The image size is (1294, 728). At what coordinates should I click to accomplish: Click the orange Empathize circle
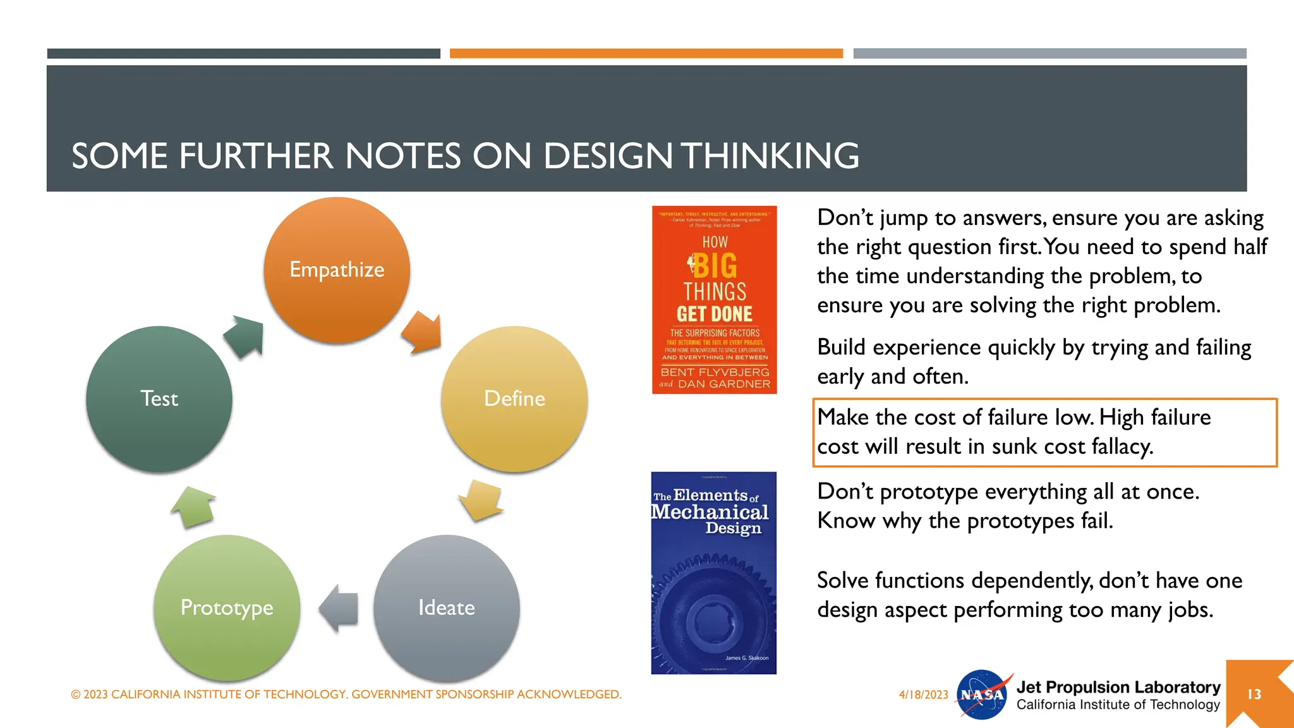point(337,270)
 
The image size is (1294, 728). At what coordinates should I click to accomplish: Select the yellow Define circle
point(514,399)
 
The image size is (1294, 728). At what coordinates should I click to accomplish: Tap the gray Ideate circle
point(446,608)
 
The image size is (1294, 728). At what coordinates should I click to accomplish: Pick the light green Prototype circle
point(227,608)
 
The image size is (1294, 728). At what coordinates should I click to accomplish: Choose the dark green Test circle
point(159,399)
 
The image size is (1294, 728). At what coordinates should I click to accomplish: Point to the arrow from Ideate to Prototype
point(339,608)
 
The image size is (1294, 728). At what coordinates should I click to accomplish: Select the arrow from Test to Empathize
point(245,336)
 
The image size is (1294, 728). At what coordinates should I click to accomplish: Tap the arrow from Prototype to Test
point(193,507)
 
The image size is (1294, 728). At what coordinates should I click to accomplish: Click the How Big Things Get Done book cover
point(714,300)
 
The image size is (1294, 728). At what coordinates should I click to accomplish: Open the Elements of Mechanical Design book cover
point(713,573)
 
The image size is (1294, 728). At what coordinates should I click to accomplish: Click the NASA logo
point(982,695)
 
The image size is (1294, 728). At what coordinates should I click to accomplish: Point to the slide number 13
point(1254,695)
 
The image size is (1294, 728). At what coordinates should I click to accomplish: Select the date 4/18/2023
point(923,695)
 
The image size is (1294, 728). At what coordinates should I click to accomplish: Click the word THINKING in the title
point(770,155)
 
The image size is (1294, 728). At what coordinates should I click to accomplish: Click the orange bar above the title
point(646,54)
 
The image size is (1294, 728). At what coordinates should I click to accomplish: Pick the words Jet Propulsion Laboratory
point(1118,687)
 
